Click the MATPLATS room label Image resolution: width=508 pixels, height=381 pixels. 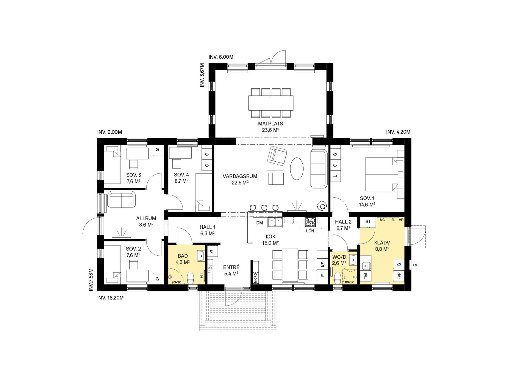point(270,124)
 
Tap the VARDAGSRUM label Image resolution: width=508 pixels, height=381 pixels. point(240,176)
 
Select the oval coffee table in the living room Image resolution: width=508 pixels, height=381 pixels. point(297,168)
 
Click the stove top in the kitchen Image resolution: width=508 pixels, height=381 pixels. point(310,222)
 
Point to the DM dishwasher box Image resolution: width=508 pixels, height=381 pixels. point(260,223)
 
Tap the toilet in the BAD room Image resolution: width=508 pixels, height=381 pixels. point(190,278)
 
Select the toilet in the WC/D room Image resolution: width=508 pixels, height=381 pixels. point(337,278)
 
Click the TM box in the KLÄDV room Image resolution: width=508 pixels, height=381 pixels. point(366,276)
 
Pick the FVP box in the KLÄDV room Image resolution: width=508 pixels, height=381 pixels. point(399,276)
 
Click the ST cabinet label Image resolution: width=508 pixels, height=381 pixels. point(368,222)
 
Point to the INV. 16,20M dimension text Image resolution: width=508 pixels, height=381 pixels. point(110,298)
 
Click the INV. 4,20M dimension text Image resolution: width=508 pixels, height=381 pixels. point(398,132)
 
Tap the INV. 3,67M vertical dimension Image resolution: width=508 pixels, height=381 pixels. point(202,75)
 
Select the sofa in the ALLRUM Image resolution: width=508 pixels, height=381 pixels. point(122,200)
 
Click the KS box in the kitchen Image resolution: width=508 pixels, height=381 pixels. point(322,264)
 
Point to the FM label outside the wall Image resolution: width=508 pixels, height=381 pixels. point(415,265)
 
